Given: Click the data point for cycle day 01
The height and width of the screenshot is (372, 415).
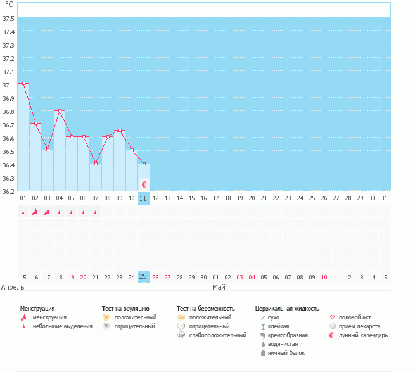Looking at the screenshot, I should click(x=23, y=83).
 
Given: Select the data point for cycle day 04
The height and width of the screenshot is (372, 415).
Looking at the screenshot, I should click(x=60, y=110).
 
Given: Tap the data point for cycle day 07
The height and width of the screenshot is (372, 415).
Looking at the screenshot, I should click(x=96, y=164).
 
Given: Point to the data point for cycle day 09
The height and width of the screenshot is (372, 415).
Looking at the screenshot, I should click(x=120, y=131).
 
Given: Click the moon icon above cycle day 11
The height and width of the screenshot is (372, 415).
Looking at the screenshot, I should click(x=144, y=184).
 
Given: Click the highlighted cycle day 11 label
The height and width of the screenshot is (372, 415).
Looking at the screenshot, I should click(x=144, y=198).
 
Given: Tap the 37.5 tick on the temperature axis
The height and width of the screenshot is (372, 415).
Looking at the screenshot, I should click(x=8, y=18).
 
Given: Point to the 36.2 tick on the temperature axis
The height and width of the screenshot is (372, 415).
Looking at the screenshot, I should click(x=8, y=191).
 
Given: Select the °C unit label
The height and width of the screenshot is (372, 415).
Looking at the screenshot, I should click(x=8, y=4).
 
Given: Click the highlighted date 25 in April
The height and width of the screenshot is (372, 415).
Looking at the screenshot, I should click(x=144, y=277).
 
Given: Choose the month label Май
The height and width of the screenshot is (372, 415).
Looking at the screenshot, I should click(x=218, y=287).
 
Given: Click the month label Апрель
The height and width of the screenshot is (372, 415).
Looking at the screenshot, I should click(x=13, y=287).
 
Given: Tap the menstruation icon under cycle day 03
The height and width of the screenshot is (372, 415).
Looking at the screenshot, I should click(x=48, y=212).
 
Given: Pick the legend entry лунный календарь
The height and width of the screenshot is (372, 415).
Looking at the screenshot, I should click(x=363, y=335).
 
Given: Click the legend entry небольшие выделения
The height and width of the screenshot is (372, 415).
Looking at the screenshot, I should click(x=62, y=326).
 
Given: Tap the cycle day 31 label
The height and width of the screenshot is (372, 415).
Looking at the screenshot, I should click(x=385, y=198).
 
